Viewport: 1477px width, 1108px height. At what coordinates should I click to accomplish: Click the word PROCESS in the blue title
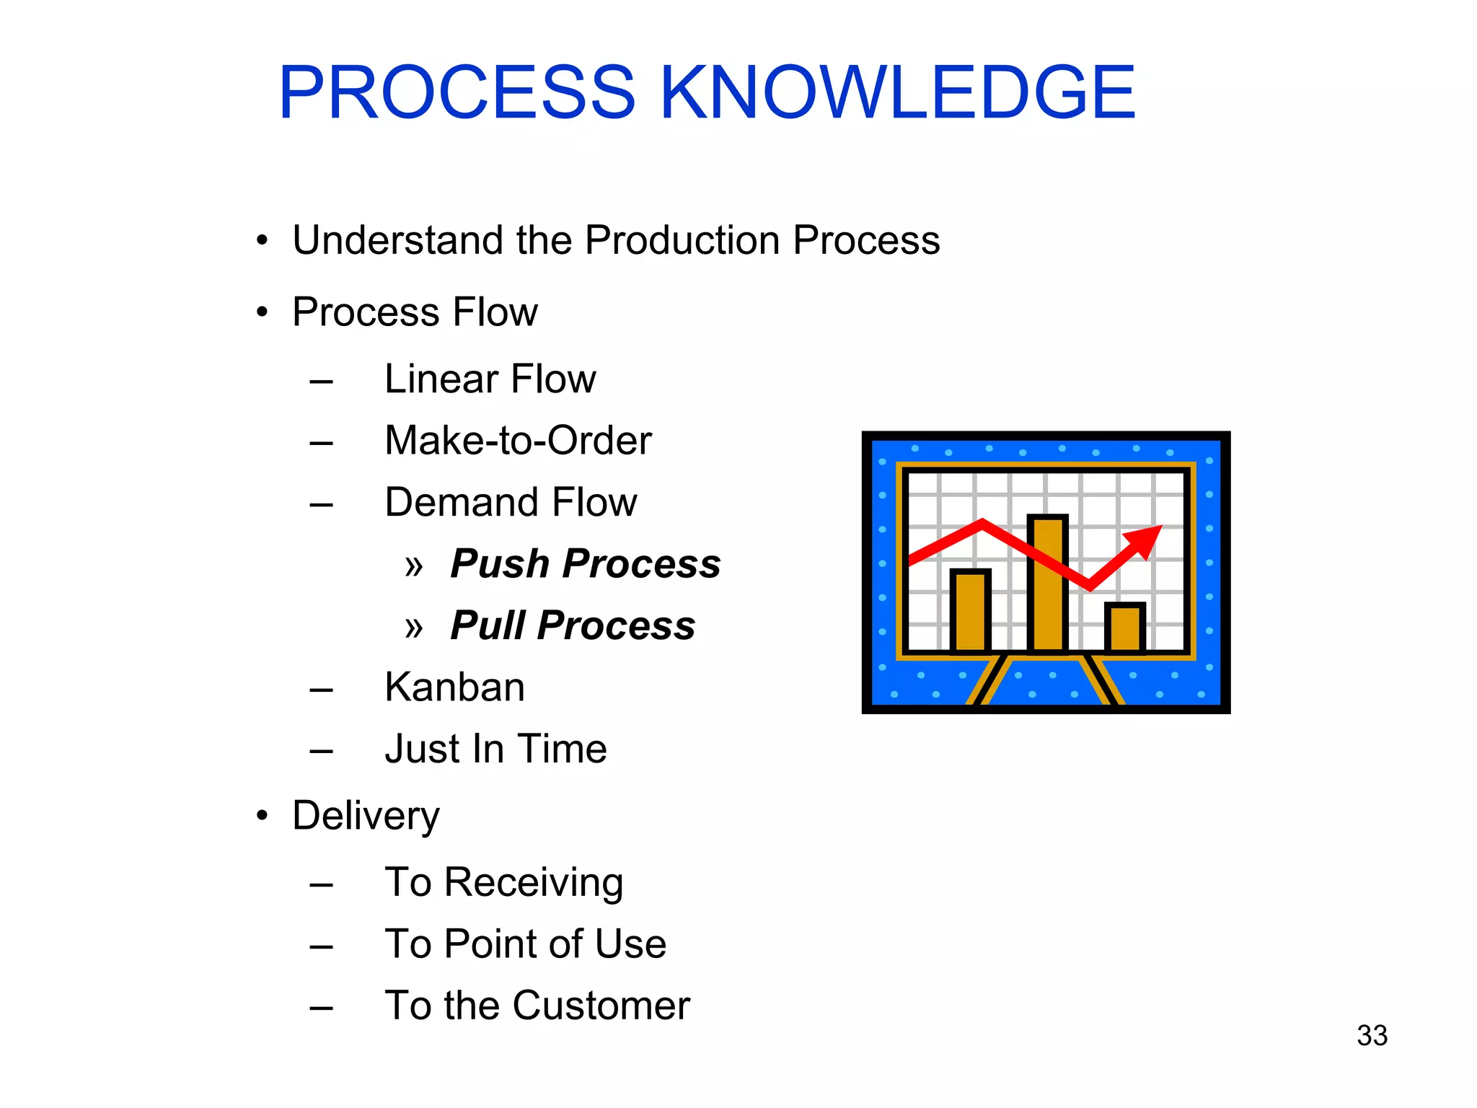click(x=457, y=92)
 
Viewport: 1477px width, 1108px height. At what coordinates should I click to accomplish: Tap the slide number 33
click(x=1372, y=1036)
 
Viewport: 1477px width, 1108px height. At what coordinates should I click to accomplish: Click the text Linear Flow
click(x=490, y=379)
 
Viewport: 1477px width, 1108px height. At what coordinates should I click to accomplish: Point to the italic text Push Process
click(x=585, y=563)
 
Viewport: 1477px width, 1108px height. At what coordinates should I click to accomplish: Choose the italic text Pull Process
click(x=573, y=625)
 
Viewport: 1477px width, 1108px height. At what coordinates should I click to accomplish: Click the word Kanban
click(x=454, y=687)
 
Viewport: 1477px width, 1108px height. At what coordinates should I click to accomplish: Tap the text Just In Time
click(x=495, y=749)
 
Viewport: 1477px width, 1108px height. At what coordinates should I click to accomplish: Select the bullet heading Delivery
click(x=366, y=816)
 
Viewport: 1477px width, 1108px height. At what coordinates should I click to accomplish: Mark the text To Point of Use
click(x=525, y=944)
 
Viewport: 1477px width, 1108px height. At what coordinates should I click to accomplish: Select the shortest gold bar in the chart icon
click(x=1124, y=628)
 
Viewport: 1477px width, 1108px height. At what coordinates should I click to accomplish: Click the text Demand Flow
click(x=511, y=502)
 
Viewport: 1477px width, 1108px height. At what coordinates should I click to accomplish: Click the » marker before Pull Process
click(x=414, y=628)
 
